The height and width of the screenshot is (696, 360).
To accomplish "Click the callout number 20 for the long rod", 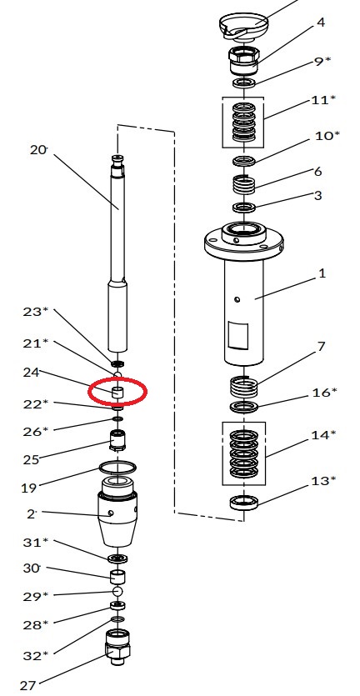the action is point(38,149).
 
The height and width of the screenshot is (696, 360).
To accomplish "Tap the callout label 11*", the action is point(320,100).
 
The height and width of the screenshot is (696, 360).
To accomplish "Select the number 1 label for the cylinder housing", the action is point(322,273).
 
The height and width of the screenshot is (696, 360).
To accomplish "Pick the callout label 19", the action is point(28,488).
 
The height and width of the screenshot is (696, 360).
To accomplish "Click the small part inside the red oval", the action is point(117,392).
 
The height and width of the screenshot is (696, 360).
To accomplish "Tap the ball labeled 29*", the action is point(117,591).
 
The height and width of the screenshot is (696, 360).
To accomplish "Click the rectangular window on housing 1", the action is point(237,335).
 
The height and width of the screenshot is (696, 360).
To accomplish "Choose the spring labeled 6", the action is point(243,184).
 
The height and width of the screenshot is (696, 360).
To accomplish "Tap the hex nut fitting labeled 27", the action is point(117,647).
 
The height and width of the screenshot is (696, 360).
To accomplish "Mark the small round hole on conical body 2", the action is point(110,513).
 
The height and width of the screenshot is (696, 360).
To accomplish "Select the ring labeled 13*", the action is point(244,502).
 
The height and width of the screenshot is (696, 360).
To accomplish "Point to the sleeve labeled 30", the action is point(117,576).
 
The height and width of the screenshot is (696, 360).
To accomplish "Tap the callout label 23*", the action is point(36,312).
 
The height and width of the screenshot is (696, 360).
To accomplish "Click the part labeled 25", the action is point(117,441).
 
